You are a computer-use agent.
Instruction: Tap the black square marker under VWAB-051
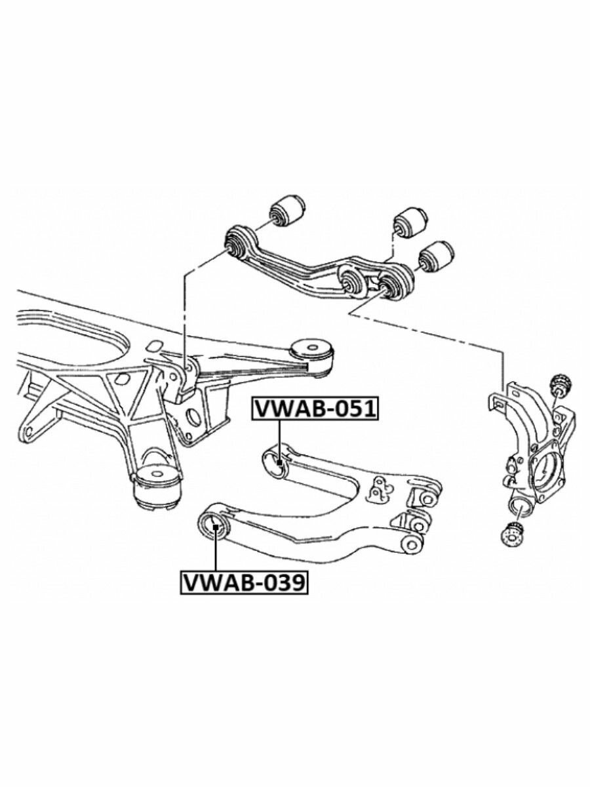click(280, 462)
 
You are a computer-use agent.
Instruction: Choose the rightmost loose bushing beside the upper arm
click(437, 256)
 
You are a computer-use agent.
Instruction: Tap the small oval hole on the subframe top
click(155, 346)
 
